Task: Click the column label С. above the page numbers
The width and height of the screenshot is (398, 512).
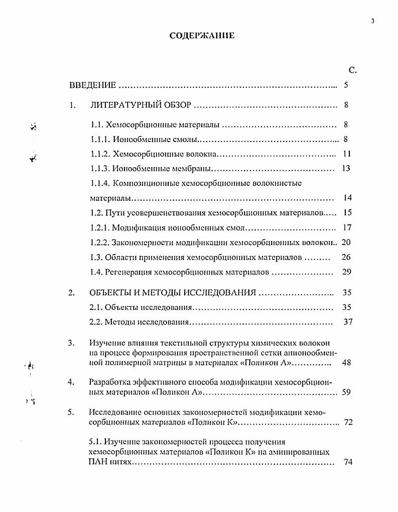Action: coord(352,70)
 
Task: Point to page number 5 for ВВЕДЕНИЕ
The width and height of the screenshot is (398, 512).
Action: coord(346,85)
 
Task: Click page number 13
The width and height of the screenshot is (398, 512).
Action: coord(346,168)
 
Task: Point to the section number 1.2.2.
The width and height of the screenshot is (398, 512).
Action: coord(100,242)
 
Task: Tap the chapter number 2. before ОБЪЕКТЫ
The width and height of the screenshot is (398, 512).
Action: coord(71,293)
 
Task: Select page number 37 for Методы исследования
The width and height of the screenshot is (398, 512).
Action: coord(348,322)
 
